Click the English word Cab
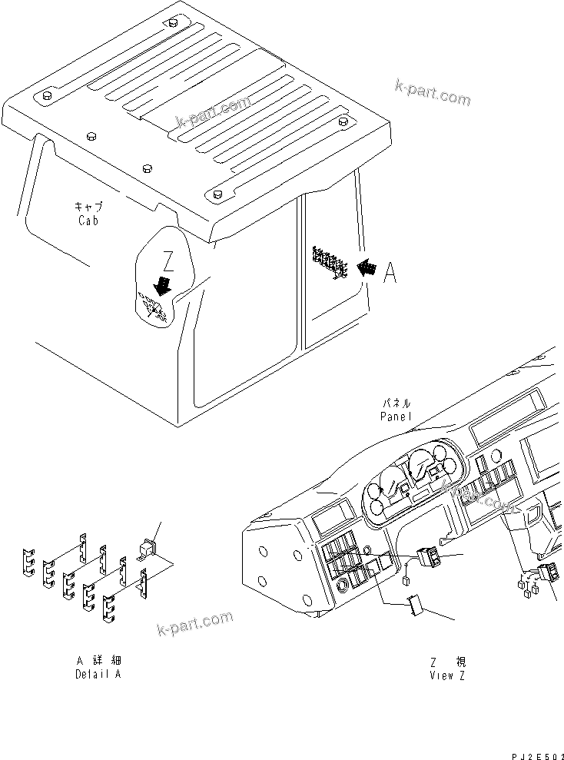88,221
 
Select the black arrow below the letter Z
162,287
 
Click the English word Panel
396,416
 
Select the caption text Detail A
98,674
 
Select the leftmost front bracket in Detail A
28,564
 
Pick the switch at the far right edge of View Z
549,572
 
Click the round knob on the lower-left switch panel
365,551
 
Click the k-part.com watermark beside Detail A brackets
194,623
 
